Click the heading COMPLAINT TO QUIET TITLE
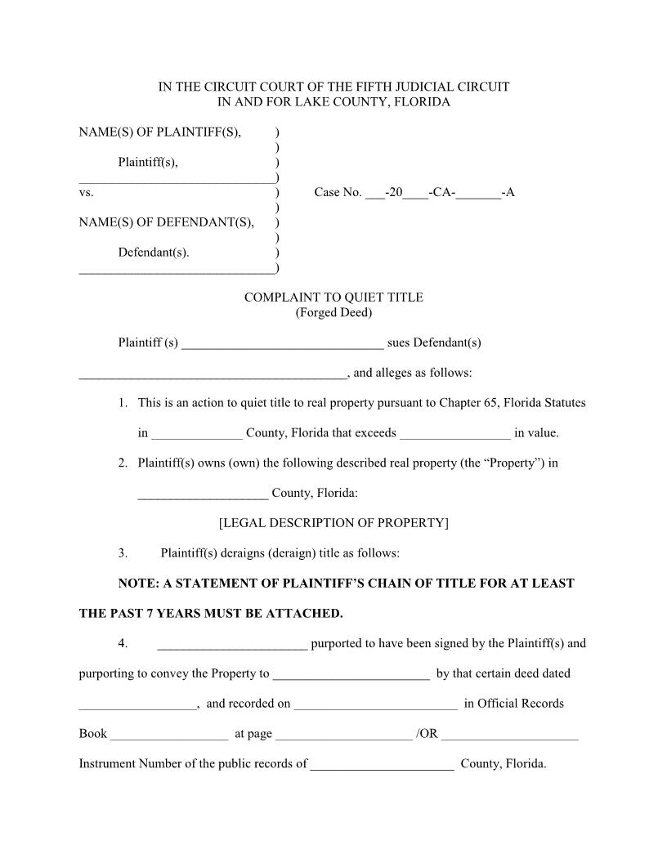pyautogui.click(x=333, y=297)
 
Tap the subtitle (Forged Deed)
pyautogui.click(x=333, y=313)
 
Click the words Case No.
pyautogui.click(x=338, y=193)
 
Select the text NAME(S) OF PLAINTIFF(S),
pyautogui.click(x=160, y=132)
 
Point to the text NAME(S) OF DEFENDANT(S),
pyautogui.click(x=166, y=222)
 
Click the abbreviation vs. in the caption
pyautogui.click(x=86, y=193)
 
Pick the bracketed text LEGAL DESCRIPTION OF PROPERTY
pyautogui.click(x=333, y=523)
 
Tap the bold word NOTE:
pyautogui.click(x=141, y=584)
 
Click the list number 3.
pyautogui.click(x=123, y=553)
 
